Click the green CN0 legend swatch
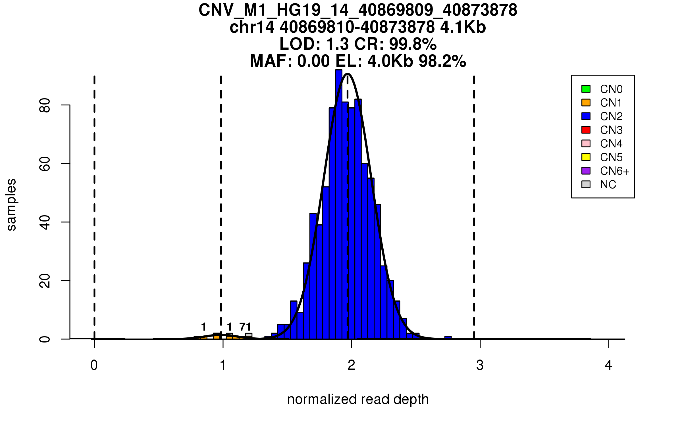[586, 89]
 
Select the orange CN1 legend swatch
[586, 103]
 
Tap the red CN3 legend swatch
[586, 130]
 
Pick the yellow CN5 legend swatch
[586, 157]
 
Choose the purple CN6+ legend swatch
[586, 171]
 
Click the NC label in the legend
[608, 185]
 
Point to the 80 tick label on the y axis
[45, 105]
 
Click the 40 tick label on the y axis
[45, 222]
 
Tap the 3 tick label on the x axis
[480, 365]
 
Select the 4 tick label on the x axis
[608, 365]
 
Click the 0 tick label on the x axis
[94, 365]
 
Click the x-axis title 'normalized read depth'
[358, 399]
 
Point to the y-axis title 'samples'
[11, 204]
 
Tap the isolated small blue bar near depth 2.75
[448, 337]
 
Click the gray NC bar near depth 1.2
[249, 335]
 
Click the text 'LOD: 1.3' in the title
[314, 44]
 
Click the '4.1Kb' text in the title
[463, 27]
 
